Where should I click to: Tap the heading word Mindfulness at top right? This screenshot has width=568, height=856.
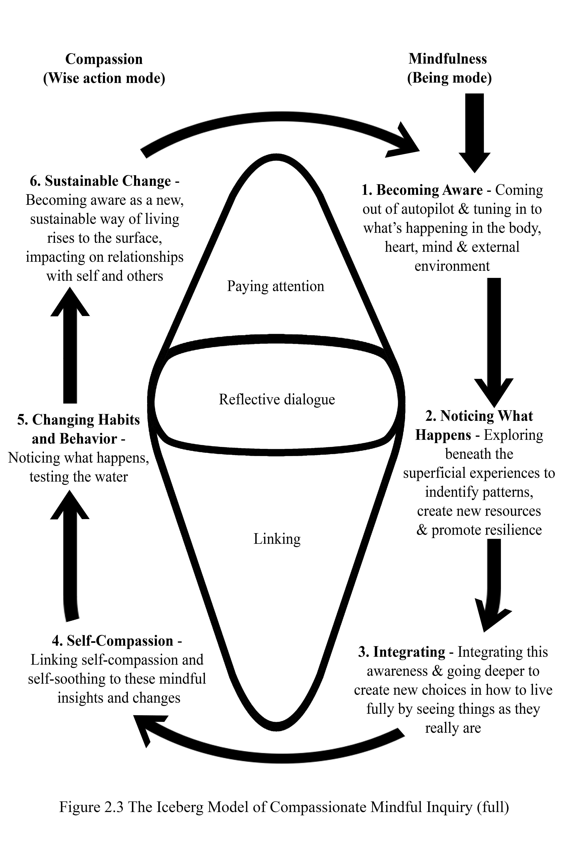448,59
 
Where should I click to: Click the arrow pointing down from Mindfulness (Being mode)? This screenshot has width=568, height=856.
475,133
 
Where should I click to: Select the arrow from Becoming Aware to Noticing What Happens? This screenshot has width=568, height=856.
494,342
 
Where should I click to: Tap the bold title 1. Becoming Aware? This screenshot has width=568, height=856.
422,190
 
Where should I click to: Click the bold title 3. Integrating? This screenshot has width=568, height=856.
402,652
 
